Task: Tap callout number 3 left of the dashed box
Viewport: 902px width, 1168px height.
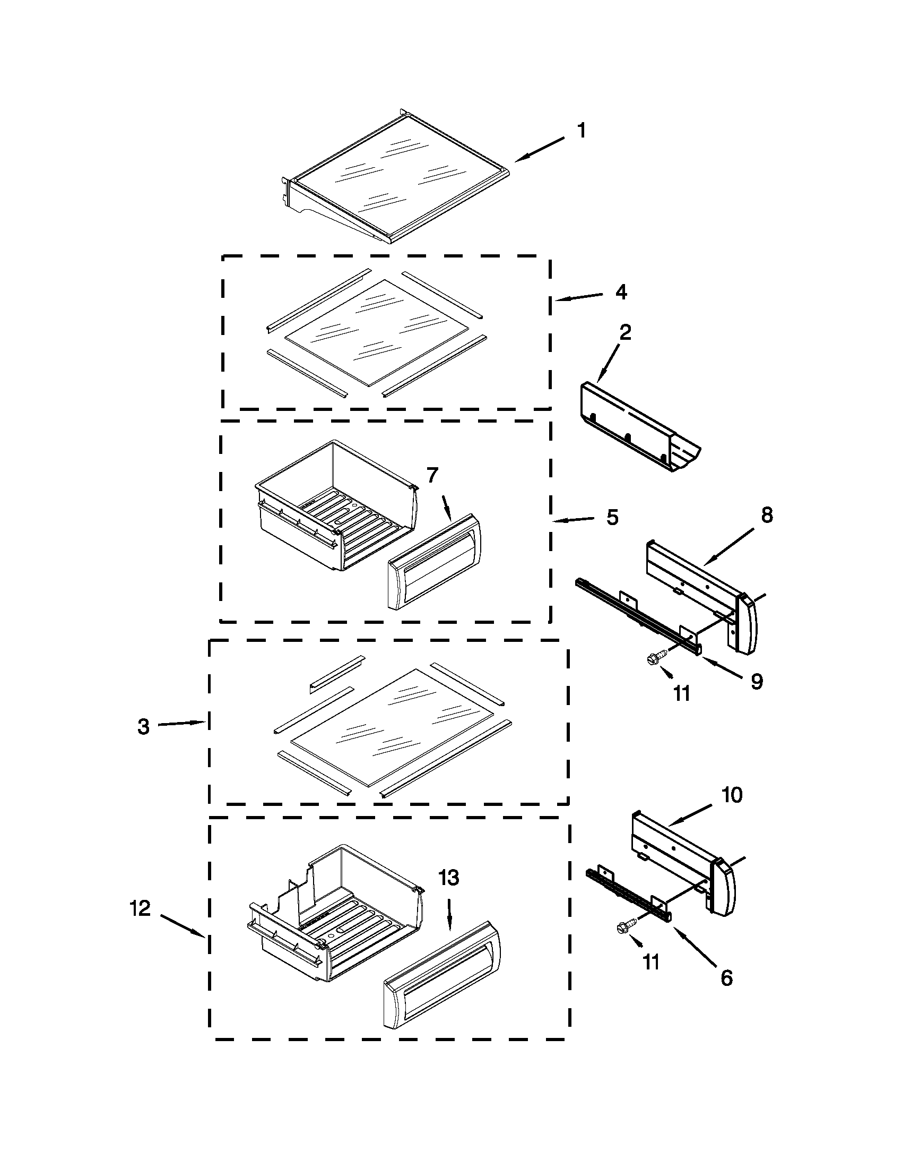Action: (x=143, y=727)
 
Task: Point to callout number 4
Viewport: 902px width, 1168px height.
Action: (x=621, y=292)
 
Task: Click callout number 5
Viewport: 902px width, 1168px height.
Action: (x=612, y=517)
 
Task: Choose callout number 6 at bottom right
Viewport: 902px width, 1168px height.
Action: (x=727, y=977)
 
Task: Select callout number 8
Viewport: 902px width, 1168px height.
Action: (x=767, y=515)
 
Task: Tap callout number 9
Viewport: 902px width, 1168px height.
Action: (x=757, y=681)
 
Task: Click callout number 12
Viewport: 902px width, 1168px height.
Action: (x=140, y=908)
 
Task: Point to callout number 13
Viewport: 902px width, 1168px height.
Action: (x=449, y=878)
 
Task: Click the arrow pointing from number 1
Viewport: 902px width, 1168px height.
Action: (x=540, y=149)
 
